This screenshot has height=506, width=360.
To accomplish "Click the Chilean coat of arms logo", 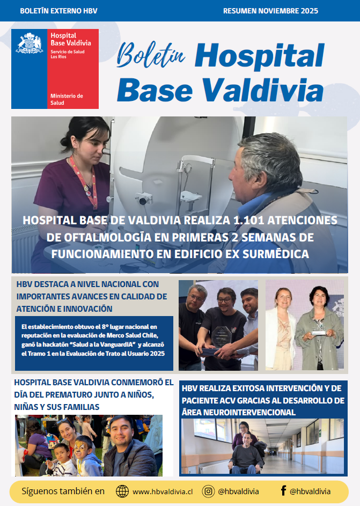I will tap(29, 43).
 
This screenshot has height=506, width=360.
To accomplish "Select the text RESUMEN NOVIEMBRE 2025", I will tap(270, 11).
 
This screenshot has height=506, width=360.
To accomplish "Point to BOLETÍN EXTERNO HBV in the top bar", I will tap(51, 11).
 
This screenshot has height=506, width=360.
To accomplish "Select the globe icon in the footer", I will tap(122, 491).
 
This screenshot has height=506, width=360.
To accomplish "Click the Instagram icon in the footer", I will tap(208, 491).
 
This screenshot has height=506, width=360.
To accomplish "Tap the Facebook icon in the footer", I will tap(283, 491).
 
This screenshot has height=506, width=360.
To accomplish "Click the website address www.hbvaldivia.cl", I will tap(163, 492).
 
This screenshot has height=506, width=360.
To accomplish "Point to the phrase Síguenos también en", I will tap(63, 491).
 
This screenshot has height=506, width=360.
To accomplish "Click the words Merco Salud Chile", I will tap(120, 335).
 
